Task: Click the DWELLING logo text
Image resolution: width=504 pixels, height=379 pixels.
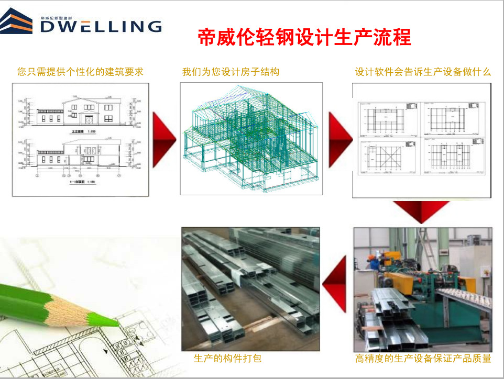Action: (x=101, y=26)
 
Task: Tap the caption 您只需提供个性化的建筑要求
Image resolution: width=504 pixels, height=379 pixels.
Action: (x=80, y=72)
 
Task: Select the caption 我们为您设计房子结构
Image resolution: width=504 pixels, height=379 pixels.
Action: (x=231, y=72)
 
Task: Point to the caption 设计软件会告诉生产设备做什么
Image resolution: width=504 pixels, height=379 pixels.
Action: (x=423, y=72)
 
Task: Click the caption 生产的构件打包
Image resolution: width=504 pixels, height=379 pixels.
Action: (x=227, y=359)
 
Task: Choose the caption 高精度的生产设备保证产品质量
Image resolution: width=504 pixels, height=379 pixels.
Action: (x=423, y=359)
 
